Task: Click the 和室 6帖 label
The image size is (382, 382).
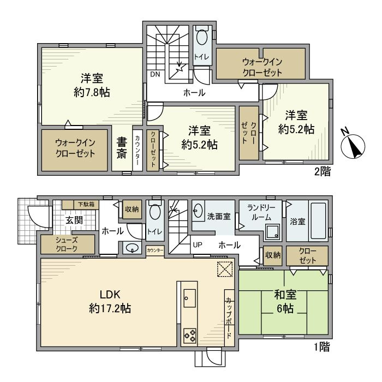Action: pyautogui.click(x=285, y=302)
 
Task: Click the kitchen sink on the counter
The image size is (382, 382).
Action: pyautogui.click(x=189, y=298)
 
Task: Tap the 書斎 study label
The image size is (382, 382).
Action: pyautogui.click(x=121, y=147)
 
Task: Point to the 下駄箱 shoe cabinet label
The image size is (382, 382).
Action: pyautogui.click(x=85, y=204)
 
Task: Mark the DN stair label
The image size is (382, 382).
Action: pyautogui.click(x=155, y=75)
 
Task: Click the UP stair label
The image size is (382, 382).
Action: pyautogui.click(x=197, y=246)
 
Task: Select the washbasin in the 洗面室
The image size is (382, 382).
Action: pyautogui.click(x=198, y=210)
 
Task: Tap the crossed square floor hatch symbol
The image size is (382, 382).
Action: pyautogui.click(x=225, y=269)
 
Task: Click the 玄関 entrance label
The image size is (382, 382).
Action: pyautogui.click(x=75, y=220)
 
